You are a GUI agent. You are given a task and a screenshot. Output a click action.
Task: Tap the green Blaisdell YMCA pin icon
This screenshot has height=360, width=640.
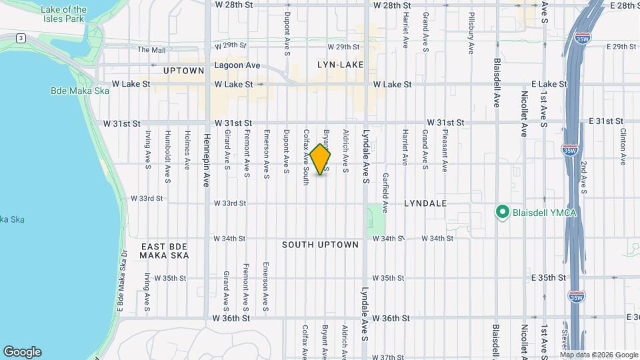pyautogui.click(x=502, y=212)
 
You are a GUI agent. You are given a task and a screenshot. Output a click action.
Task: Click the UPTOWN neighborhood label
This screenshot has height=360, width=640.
pyautogui.click(x=183, y=71)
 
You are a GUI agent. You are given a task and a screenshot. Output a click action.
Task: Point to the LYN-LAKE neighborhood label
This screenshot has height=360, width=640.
pyautogui.click(x=341, y=65)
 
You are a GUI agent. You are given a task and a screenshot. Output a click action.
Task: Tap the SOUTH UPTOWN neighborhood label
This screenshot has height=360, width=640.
pyautogui.click(x=320, y=245)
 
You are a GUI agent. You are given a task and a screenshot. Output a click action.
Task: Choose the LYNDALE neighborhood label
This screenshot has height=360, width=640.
pyautogui.click(x=425, y=202)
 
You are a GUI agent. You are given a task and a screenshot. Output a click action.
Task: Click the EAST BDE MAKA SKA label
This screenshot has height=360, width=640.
pyautogui.click(x=165, y=251)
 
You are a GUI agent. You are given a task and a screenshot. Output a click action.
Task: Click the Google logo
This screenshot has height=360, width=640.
pyautogui.click(x=22, y=352)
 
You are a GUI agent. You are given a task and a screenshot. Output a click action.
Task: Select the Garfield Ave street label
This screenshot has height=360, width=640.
pyautogui.click(x=385, y=193)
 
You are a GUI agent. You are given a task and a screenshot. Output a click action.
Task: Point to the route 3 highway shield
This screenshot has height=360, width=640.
pyautogui.click(x=21, y=38)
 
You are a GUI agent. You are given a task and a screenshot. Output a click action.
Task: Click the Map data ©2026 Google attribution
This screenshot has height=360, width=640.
pyautogui.click(x=599, y=355)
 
